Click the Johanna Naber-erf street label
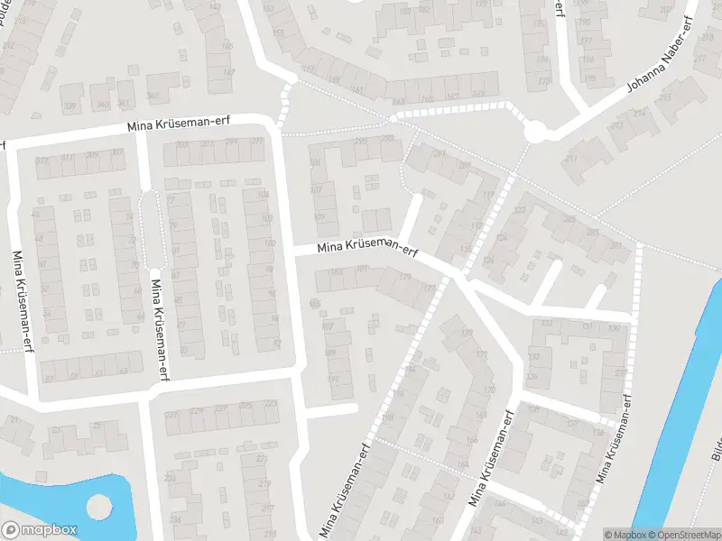point(654,62)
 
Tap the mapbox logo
point(40,530)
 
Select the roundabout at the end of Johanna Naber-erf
point(535,133)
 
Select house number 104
point(264,195)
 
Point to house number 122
point(519,210)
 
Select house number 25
point(13,421)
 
